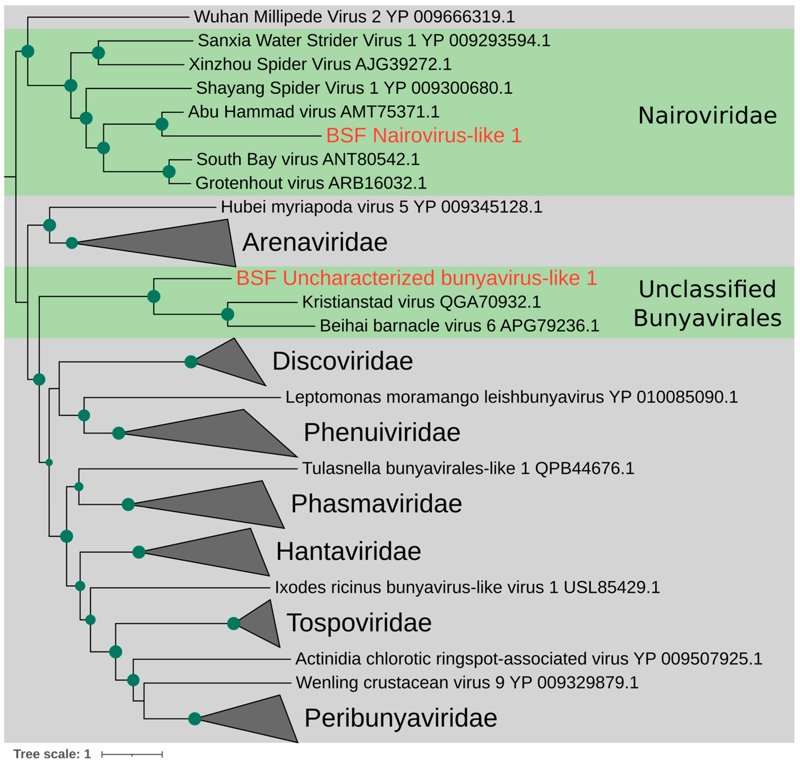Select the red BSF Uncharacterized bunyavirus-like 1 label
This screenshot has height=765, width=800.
416,278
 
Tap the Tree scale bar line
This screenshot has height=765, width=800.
132,754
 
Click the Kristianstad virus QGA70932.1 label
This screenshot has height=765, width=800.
421,302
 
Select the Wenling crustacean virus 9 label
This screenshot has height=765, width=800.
467,683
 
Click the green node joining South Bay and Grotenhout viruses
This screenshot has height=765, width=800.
169,172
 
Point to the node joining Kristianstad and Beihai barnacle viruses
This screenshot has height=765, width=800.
227,314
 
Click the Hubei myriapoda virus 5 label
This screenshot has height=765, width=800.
381,207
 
